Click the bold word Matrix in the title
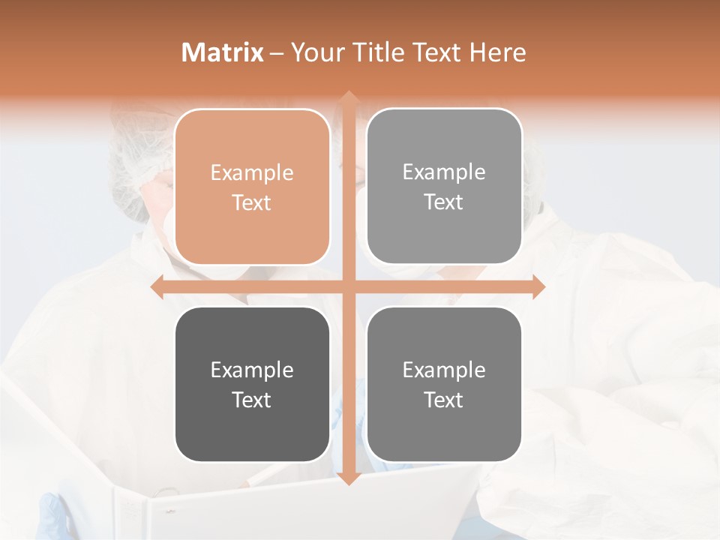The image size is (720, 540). point(223,52)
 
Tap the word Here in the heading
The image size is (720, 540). point(497,52)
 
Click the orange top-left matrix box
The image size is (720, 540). point(252,187)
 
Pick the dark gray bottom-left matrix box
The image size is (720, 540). point(252,384)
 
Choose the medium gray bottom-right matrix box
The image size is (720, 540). point(444,384)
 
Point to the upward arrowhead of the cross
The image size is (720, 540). point(348,97)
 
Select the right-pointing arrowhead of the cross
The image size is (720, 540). point(538,286)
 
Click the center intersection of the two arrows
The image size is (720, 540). point(348,286)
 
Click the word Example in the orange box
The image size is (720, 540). point(252,173)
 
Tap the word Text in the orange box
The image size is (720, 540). point(252,202)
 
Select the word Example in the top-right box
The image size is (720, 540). point(444,172)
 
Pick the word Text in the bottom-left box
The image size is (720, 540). point(252,400)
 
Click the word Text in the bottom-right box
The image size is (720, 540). point(444,400)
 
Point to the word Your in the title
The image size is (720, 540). point(314,52)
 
